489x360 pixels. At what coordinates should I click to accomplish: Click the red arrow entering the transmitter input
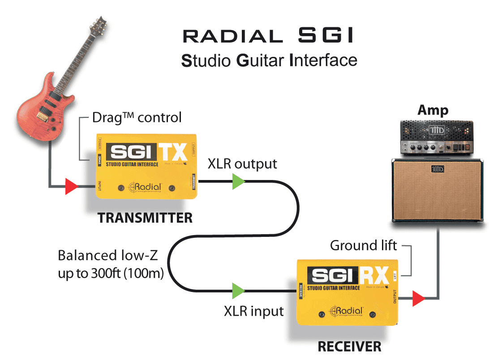click(71, 186)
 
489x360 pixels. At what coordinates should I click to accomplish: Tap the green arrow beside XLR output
click(238, 181)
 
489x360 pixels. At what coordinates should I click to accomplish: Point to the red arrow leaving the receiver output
click(418, 298)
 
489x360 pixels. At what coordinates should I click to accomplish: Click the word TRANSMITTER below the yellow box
click(145, 218)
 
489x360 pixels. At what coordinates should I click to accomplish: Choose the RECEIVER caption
click(349, 346)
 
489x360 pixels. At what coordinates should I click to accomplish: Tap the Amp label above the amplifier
click(433, 110)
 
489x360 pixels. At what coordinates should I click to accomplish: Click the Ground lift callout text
click(364, 245)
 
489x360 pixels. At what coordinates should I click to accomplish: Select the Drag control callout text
click(137, 118)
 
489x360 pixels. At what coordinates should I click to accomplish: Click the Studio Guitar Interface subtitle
click(269, 60)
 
